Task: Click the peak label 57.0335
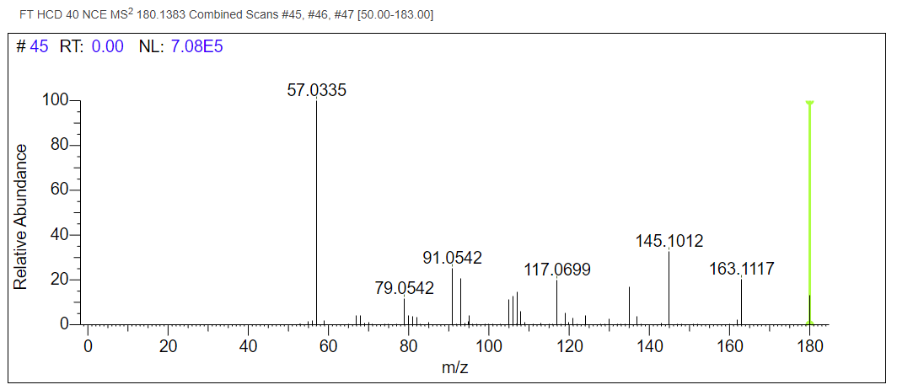pyautogui.click(x=317, y=89)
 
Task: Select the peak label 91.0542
pyautogui.click(x=452, y=258)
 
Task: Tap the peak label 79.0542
pyautogui.click(x=405, y=288)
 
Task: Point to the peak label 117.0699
pyautogui.click(x=557, y=270)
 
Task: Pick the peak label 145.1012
pyautogui.click(x=669, y=242)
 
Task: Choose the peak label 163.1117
pyautogui.click(x=742, y=270)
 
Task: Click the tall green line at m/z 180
pyautogui.click(x=809, y=211)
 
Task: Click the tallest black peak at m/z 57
pyautogui.click(x=316, y=211)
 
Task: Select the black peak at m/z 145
pyautogui.click(x=669, y=286)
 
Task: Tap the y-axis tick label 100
pyautogui.click(x=56, y=100)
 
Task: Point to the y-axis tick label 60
pyautogui.click(x=61, y=190)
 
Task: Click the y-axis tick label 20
pyautogui.click(x=61, y=280)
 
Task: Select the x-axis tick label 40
pyautogui.click(x=248, y=346)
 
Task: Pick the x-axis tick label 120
pyautogui.click(x=569, y=346)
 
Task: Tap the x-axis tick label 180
pyautogui.click(x=809, y=346)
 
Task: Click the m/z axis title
pyautogui.click(x=455, y=368)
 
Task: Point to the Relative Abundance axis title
pyautogui.click(x=21, y=216)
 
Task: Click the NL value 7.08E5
pyautogui.click(x=196, y=47)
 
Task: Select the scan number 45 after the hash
pyautogui.click(x=40, y=47)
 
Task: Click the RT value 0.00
pyautogui.click(x=107, y=47)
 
